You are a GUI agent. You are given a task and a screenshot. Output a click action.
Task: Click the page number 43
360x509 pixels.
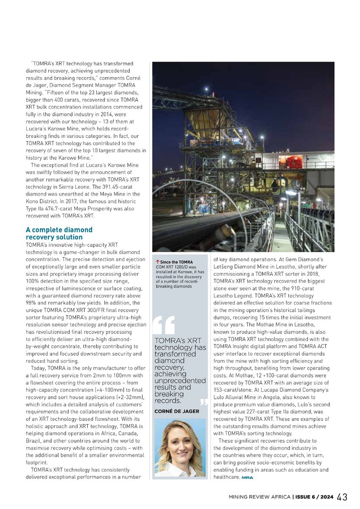[343, 497]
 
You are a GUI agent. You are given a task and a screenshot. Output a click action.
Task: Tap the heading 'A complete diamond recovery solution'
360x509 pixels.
[59, 233]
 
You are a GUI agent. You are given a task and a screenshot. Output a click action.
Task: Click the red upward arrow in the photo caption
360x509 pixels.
[157, 262]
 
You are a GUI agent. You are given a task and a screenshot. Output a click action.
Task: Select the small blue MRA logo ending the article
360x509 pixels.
[247, 478]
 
